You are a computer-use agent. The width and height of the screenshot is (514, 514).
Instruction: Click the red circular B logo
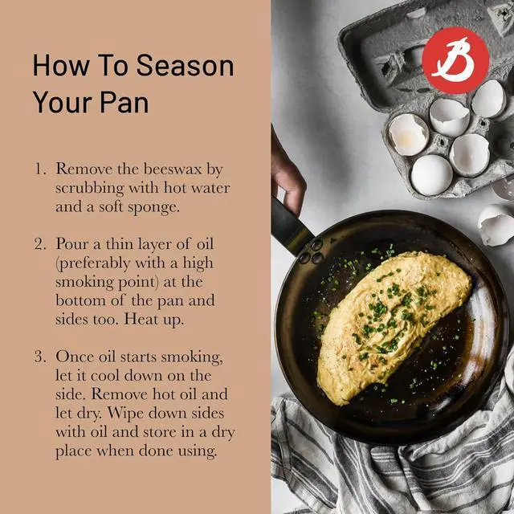[455, 59]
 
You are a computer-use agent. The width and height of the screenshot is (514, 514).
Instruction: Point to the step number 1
[39, 169]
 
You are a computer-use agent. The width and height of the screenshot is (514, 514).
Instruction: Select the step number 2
[40, 243]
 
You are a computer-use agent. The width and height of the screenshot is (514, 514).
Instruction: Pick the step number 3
[40, 356]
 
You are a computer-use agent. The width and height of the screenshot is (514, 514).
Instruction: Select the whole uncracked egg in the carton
[431, 174]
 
